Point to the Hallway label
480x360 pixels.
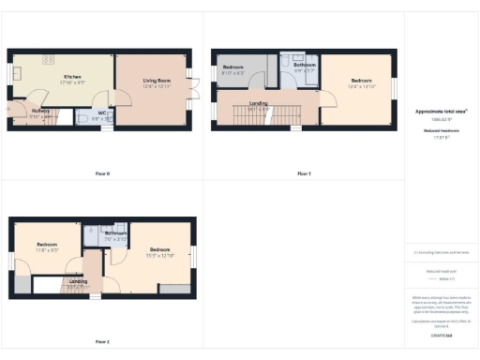(41, 112)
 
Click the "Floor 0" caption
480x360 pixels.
(102, 173)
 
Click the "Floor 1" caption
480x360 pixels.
(304, 173)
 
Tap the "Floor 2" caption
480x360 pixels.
(102, 341)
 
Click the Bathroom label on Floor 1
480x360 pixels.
(305, 67)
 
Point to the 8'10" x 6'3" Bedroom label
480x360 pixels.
(233, 69)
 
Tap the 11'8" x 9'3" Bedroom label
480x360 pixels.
(48, 249)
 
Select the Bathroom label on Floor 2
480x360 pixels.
(115, 235)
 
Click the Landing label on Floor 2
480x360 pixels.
(79, 281)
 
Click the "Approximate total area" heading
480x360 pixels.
(441, 112)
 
